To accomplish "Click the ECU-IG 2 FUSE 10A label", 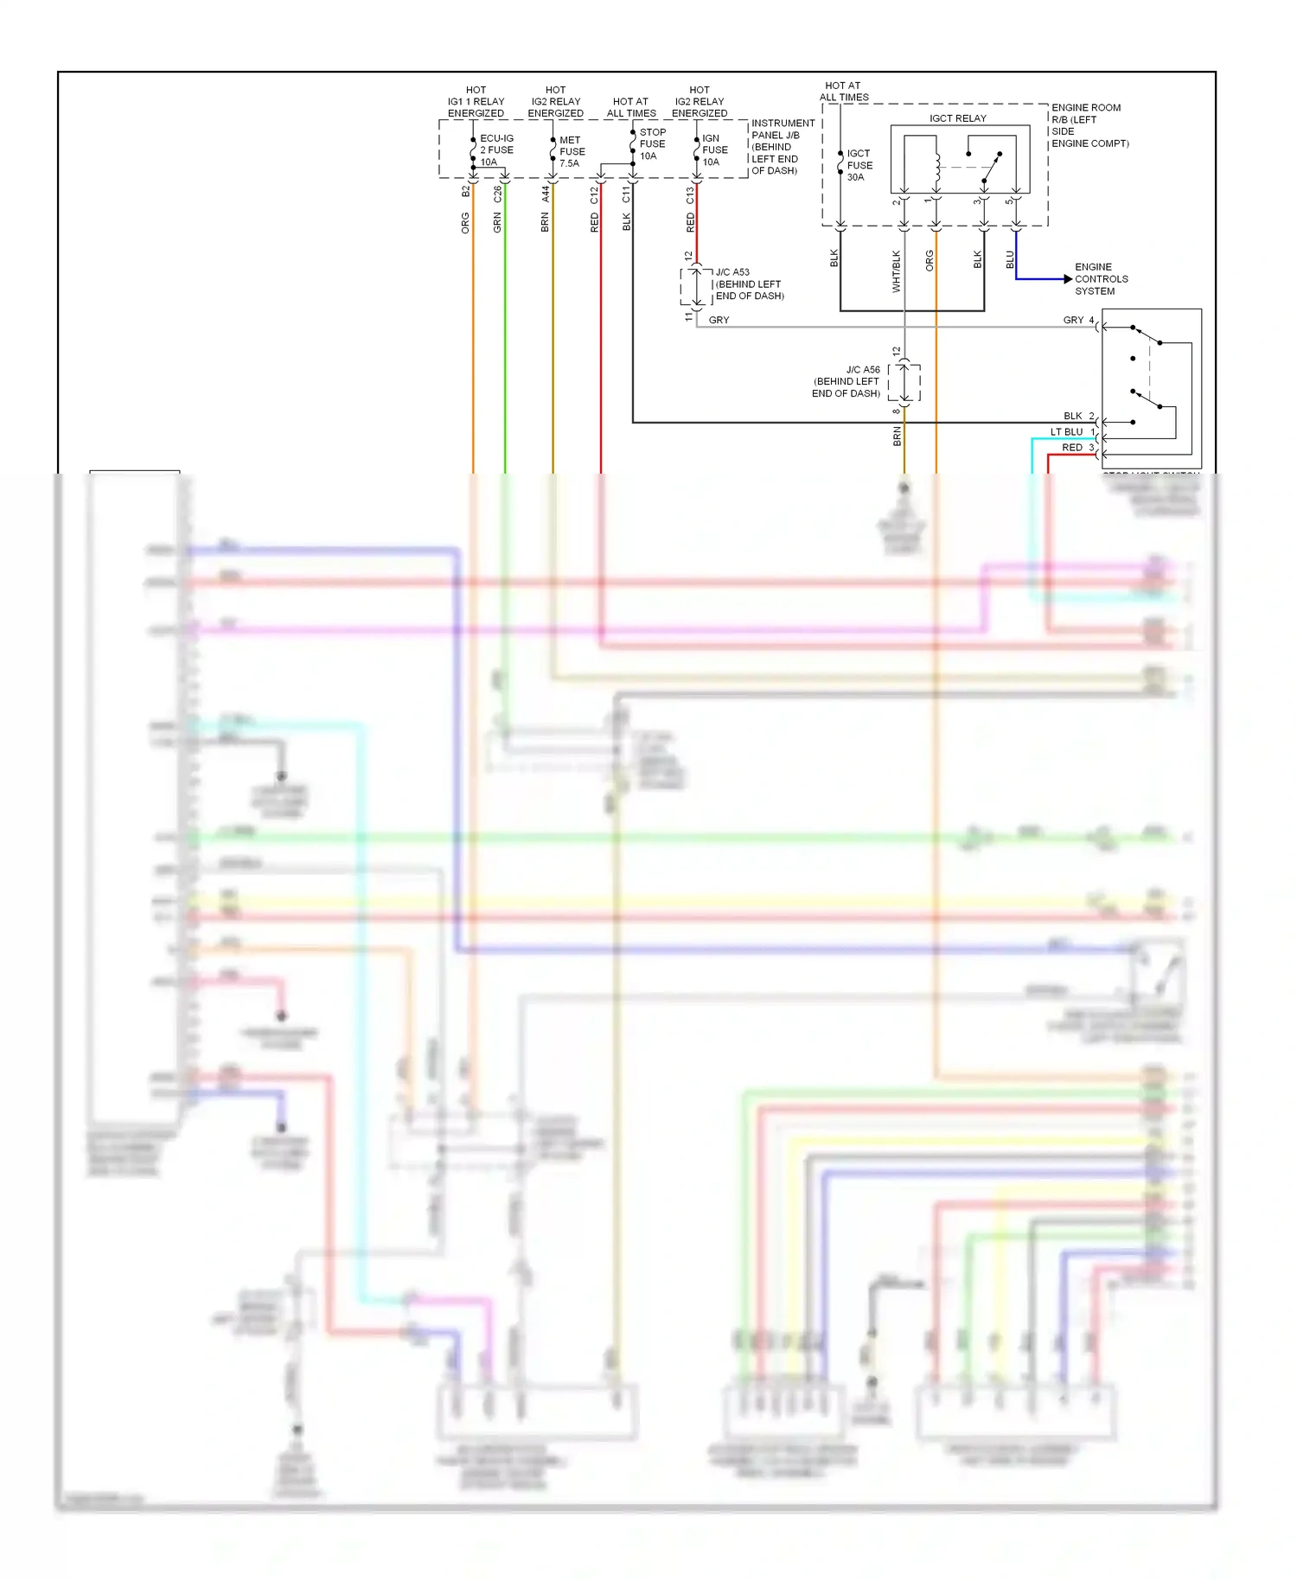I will pyautogui.click(x=496, y=150).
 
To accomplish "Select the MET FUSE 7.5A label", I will pyautogui.click(x=571, y=151).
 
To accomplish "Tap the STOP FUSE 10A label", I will pyautogui.click(x=652, y=144).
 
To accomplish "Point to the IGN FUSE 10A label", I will pyautogui.click(x=714, y=150).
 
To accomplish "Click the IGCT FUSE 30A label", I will pyautogui.click(x=859, y=165).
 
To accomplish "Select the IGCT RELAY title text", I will pyautogui.click(x=957, y=118).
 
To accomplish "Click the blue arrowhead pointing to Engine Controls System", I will pyautogui.click(x=1068, y=279).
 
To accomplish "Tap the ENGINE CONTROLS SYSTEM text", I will pyautogui.click(x=1101, y=279).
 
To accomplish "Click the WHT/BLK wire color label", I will pyautogui.click(x=896, y=271).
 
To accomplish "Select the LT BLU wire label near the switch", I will pyautogui.click(x=1066, y=432).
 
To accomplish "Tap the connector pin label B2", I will pyautogui.click(x=465, y=191).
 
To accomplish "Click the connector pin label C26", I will pyautogui.click(x=497, y=194).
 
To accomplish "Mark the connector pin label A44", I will pyautogui.click(x=545, y=194).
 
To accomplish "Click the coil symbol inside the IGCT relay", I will pyautogui.click(x=936, y=168).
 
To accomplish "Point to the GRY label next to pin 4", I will pyautogui.click(x=1073, y=320).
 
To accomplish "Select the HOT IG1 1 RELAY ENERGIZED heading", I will pyautogui.click(x=476, y=101).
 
